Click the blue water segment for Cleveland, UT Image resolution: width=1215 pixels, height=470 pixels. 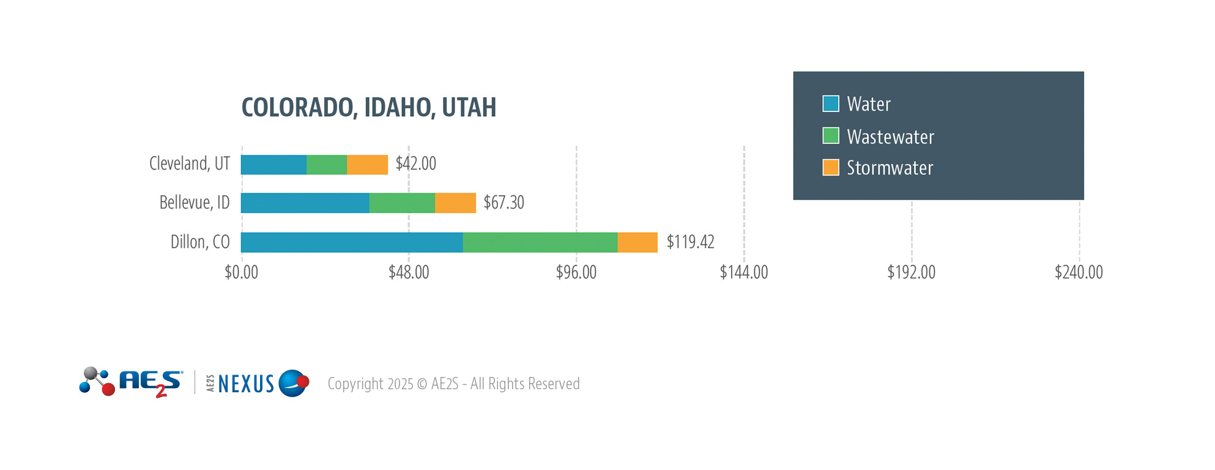[273, 165]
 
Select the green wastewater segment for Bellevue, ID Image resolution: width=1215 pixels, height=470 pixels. [402, 203]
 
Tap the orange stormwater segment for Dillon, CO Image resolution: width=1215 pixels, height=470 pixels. [637, 242]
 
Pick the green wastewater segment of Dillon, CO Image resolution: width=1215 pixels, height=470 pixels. [540, 242]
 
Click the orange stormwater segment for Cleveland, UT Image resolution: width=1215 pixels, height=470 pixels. [367, 165]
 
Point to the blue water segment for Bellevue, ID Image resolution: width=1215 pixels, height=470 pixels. [305, 203]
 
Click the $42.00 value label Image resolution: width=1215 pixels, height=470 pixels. [416, 164]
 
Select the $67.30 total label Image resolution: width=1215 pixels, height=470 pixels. [503, 203]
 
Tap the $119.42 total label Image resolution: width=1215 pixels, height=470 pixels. [690, 242]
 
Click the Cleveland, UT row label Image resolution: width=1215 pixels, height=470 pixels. [190, 163]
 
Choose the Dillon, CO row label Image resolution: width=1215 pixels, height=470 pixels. [200, 242]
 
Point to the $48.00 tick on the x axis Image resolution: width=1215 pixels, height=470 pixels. [409, 272]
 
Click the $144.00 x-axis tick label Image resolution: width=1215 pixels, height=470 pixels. [743, 272]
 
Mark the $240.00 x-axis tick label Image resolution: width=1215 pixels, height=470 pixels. [1079, 272]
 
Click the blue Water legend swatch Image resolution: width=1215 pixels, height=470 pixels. [831, 104]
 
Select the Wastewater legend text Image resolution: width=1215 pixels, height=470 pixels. [890, 136]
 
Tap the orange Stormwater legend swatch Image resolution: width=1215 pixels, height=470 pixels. [831, 168]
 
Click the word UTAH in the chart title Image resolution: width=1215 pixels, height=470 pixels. [469, 108]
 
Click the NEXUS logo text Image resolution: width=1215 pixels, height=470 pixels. [246, 384]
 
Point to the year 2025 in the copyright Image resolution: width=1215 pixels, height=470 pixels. [400, 384]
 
